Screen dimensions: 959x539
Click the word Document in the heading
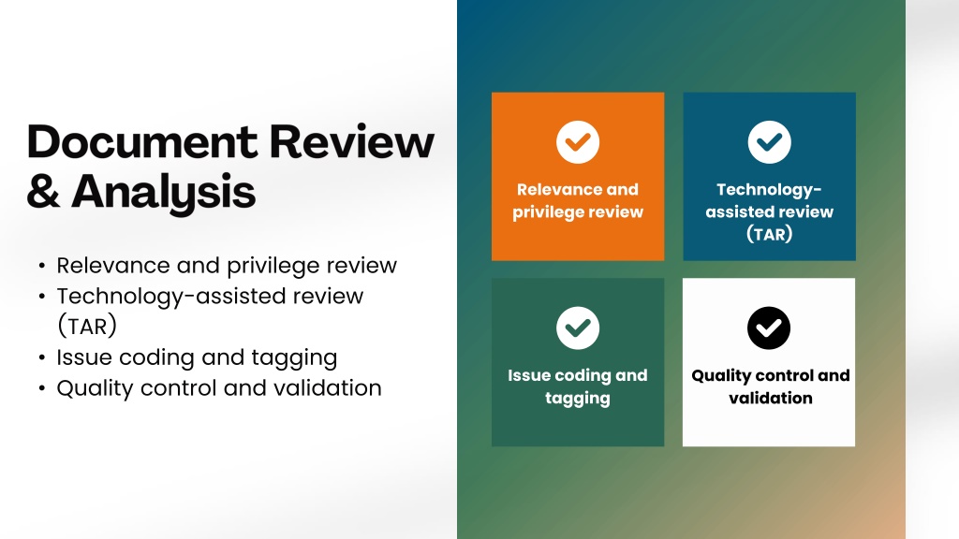coord(142,142)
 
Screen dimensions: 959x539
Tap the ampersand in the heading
coord(43,191)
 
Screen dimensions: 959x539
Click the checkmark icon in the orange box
coord(577,142)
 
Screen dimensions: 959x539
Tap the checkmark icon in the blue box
coord(770,142)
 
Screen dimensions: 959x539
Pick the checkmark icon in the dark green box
coord(577,328)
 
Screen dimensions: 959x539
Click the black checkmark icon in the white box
coord(769,328)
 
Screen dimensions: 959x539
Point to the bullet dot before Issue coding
coord(41,357)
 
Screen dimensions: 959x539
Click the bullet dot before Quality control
coord(41,388)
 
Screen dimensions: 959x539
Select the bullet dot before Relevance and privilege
coord(41,266)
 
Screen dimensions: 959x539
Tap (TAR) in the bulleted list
coord(87,327)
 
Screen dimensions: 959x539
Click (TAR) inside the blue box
coord(770,234)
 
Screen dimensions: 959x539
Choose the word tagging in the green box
coord(577,399)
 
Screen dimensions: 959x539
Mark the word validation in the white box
coord(771,398)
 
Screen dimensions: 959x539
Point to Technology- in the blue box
coord(770,190)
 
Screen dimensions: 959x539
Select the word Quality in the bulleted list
coord(95,388)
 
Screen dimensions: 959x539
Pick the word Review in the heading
coord(352,142)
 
